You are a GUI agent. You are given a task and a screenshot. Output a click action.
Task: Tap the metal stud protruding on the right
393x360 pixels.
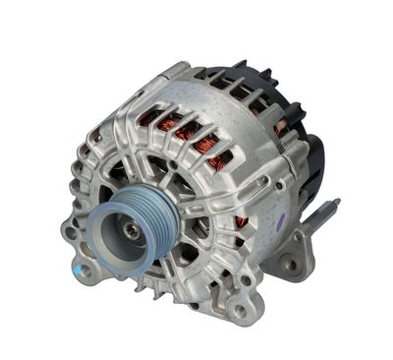[323, 213]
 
